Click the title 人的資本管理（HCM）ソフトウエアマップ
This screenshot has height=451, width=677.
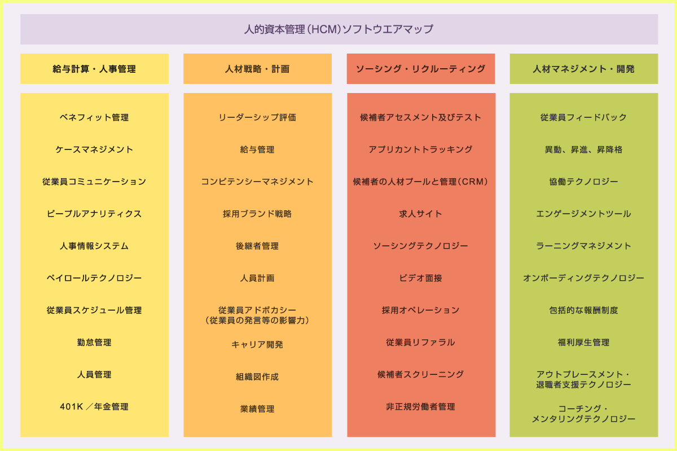[x=338, y=29]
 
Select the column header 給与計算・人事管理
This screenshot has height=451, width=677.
[x=94, y=69]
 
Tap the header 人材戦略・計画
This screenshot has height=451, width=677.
[x=257, y=69]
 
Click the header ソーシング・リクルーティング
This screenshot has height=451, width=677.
[x=420, y=69]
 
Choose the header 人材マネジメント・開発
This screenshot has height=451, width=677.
[x=583, y=69]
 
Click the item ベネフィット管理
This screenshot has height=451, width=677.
[x=94, y=117]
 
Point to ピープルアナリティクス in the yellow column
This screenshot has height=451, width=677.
[x=94, y=214]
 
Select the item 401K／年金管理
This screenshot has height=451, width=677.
[x=94, y=406]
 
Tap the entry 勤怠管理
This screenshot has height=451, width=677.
[x=94, y=342]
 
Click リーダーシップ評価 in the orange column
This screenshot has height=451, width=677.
[x=257, y=117]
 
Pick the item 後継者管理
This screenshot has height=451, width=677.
[x=257, y=246]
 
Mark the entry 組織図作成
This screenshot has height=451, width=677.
[x=257, y=377]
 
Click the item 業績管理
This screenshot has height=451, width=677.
[x=257, y=409]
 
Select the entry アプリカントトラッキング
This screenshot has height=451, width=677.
[x=420, y=149]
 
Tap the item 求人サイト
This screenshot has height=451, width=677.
[x=420, y=214]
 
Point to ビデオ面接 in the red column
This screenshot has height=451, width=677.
[x=420, y=278]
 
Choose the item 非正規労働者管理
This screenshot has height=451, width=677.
[x=420, y=406]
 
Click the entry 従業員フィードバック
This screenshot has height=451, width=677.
[x=583, y=117]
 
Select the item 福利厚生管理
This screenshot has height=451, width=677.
[x=583, y=342]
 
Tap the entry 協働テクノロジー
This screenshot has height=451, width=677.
[x=583, y=182]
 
